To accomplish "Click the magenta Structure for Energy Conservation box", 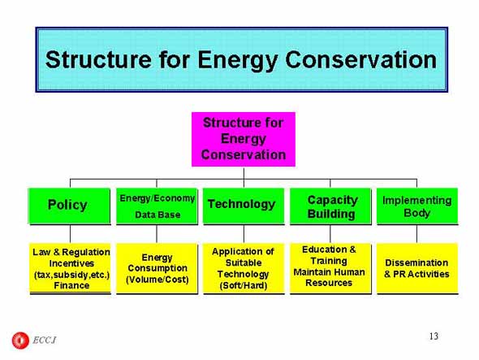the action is pyautogui.click(x=244, y=139).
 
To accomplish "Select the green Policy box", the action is pyautogui.click(x=69, y=206).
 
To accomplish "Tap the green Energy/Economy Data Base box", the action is pyautogui.click(x=157, y=206).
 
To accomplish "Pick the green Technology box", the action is pyautogui.click(x=244, y=206).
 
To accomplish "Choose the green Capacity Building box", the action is pyautogui.click(x=330, y=206).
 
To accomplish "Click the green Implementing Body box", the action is pyautogui.click(x=417, y=206).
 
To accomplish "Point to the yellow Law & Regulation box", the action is pyautogui.click(x=71, y=268).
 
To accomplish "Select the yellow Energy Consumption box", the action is pyautogui.click(x=157, y=268).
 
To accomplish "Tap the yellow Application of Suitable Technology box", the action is pyautogui.click(x=244, y=268).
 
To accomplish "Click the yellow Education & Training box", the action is pyautogui.click(x=330, y=268).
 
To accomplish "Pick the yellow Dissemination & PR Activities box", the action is pyautogui.click(x=417, y=268).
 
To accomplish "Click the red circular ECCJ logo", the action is pyautogui.click(x=20, y=340).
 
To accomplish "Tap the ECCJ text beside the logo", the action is pyautogui.click(x=45, y=340).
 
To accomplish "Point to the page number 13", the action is pyautogui.click(x=434, y=336).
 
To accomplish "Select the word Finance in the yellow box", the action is pyautogui.click(x=71, y=285).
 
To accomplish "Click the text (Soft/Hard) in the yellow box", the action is pyautogui.click(x=244, y=285).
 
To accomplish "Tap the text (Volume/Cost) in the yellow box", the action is pyautogui.click(x=158, y=280).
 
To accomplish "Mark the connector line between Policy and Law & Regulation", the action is pyautogui.click(x=71, y=234).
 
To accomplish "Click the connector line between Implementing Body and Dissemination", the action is pyautogui.click(x=417, y=234).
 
